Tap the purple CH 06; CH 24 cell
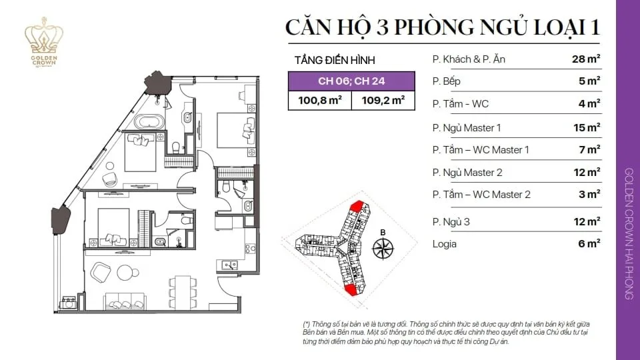point(351,81)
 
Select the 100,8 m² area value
point(319,100)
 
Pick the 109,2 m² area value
point(383,100)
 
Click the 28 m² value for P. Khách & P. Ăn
point(586,59)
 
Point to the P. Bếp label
point(446,81)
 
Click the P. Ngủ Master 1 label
point(467,128)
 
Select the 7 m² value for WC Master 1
point(589,149)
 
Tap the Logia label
point(445,244)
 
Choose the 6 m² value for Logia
point(589,243)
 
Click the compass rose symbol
point(383,248)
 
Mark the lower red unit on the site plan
point(351,289)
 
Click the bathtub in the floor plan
point(149,121)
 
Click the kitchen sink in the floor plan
point(229,265)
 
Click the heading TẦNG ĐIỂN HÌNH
point(335,60)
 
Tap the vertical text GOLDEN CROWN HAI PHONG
point(629,233)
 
